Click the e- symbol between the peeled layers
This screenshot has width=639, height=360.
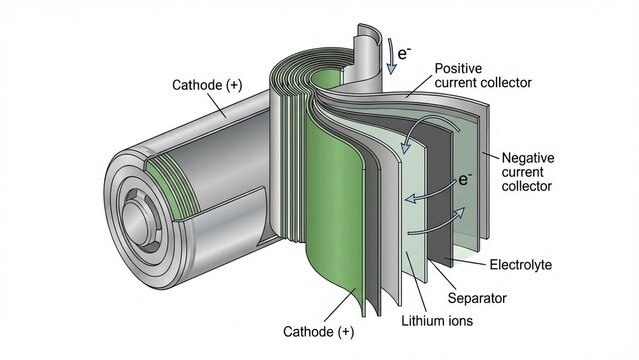[x=464, y=180]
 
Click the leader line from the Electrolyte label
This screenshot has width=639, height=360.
[x=468, y=262]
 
